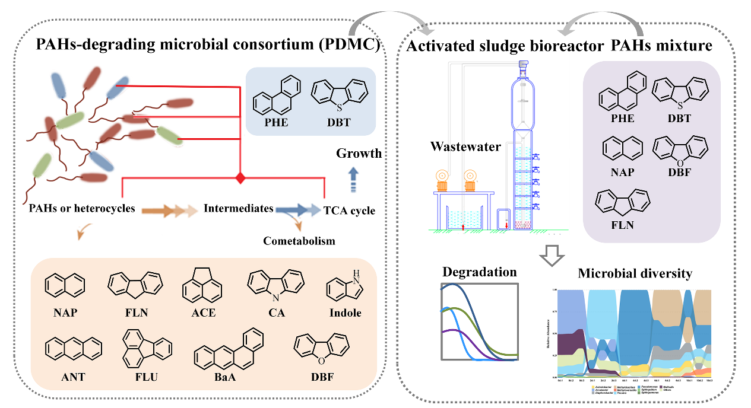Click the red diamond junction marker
point(240,177)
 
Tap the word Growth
point(359,154)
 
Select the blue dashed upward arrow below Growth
point(353,179)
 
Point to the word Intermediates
point(238,208)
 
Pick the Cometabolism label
point(300,240)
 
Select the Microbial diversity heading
point(635,273)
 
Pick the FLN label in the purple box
point(622,225)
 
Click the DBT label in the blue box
point(338,123)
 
